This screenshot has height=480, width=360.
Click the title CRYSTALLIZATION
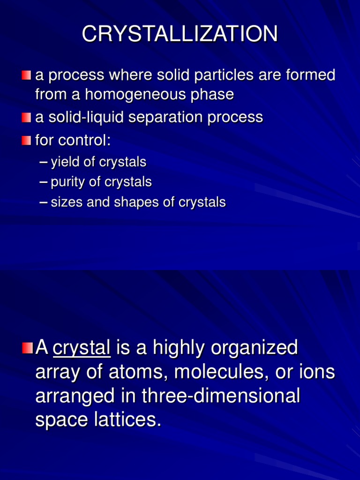pos(180,35)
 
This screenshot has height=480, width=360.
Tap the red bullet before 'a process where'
pos(26,75)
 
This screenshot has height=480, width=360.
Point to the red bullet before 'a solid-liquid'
pos(26,117)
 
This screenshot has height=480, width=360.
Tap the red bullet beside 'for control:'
pos(26,140)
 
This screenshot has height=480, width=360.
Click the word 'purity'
pos(65,182)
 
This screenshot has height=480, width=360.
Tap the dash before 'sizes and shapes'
pos(44,202)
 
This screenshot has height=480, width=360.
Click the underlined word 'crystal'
pos(82,348)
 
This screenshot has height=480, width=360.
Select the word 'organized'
pos(255,348)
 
